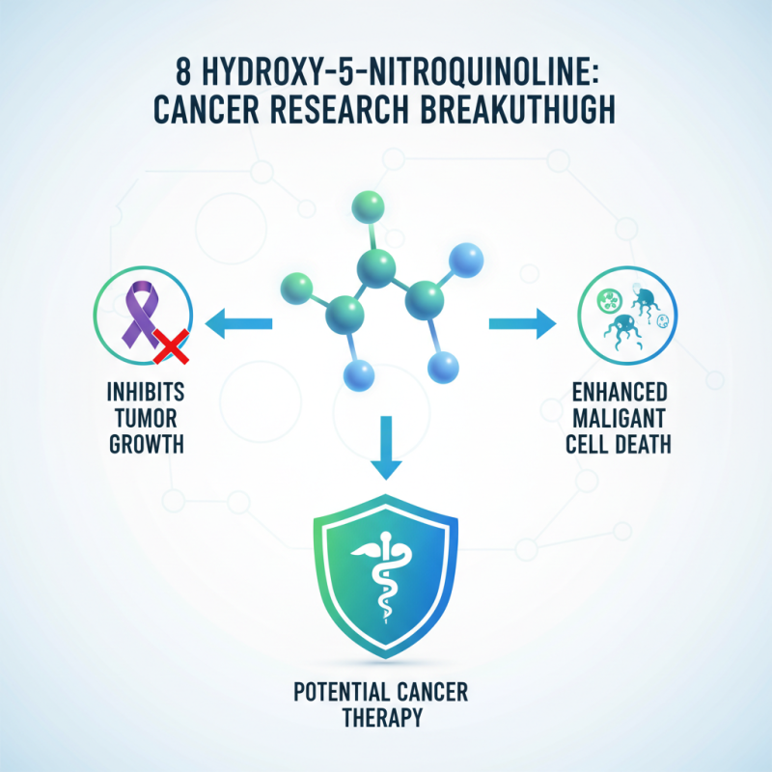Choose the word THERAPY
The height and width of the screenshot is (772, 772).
386,719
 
